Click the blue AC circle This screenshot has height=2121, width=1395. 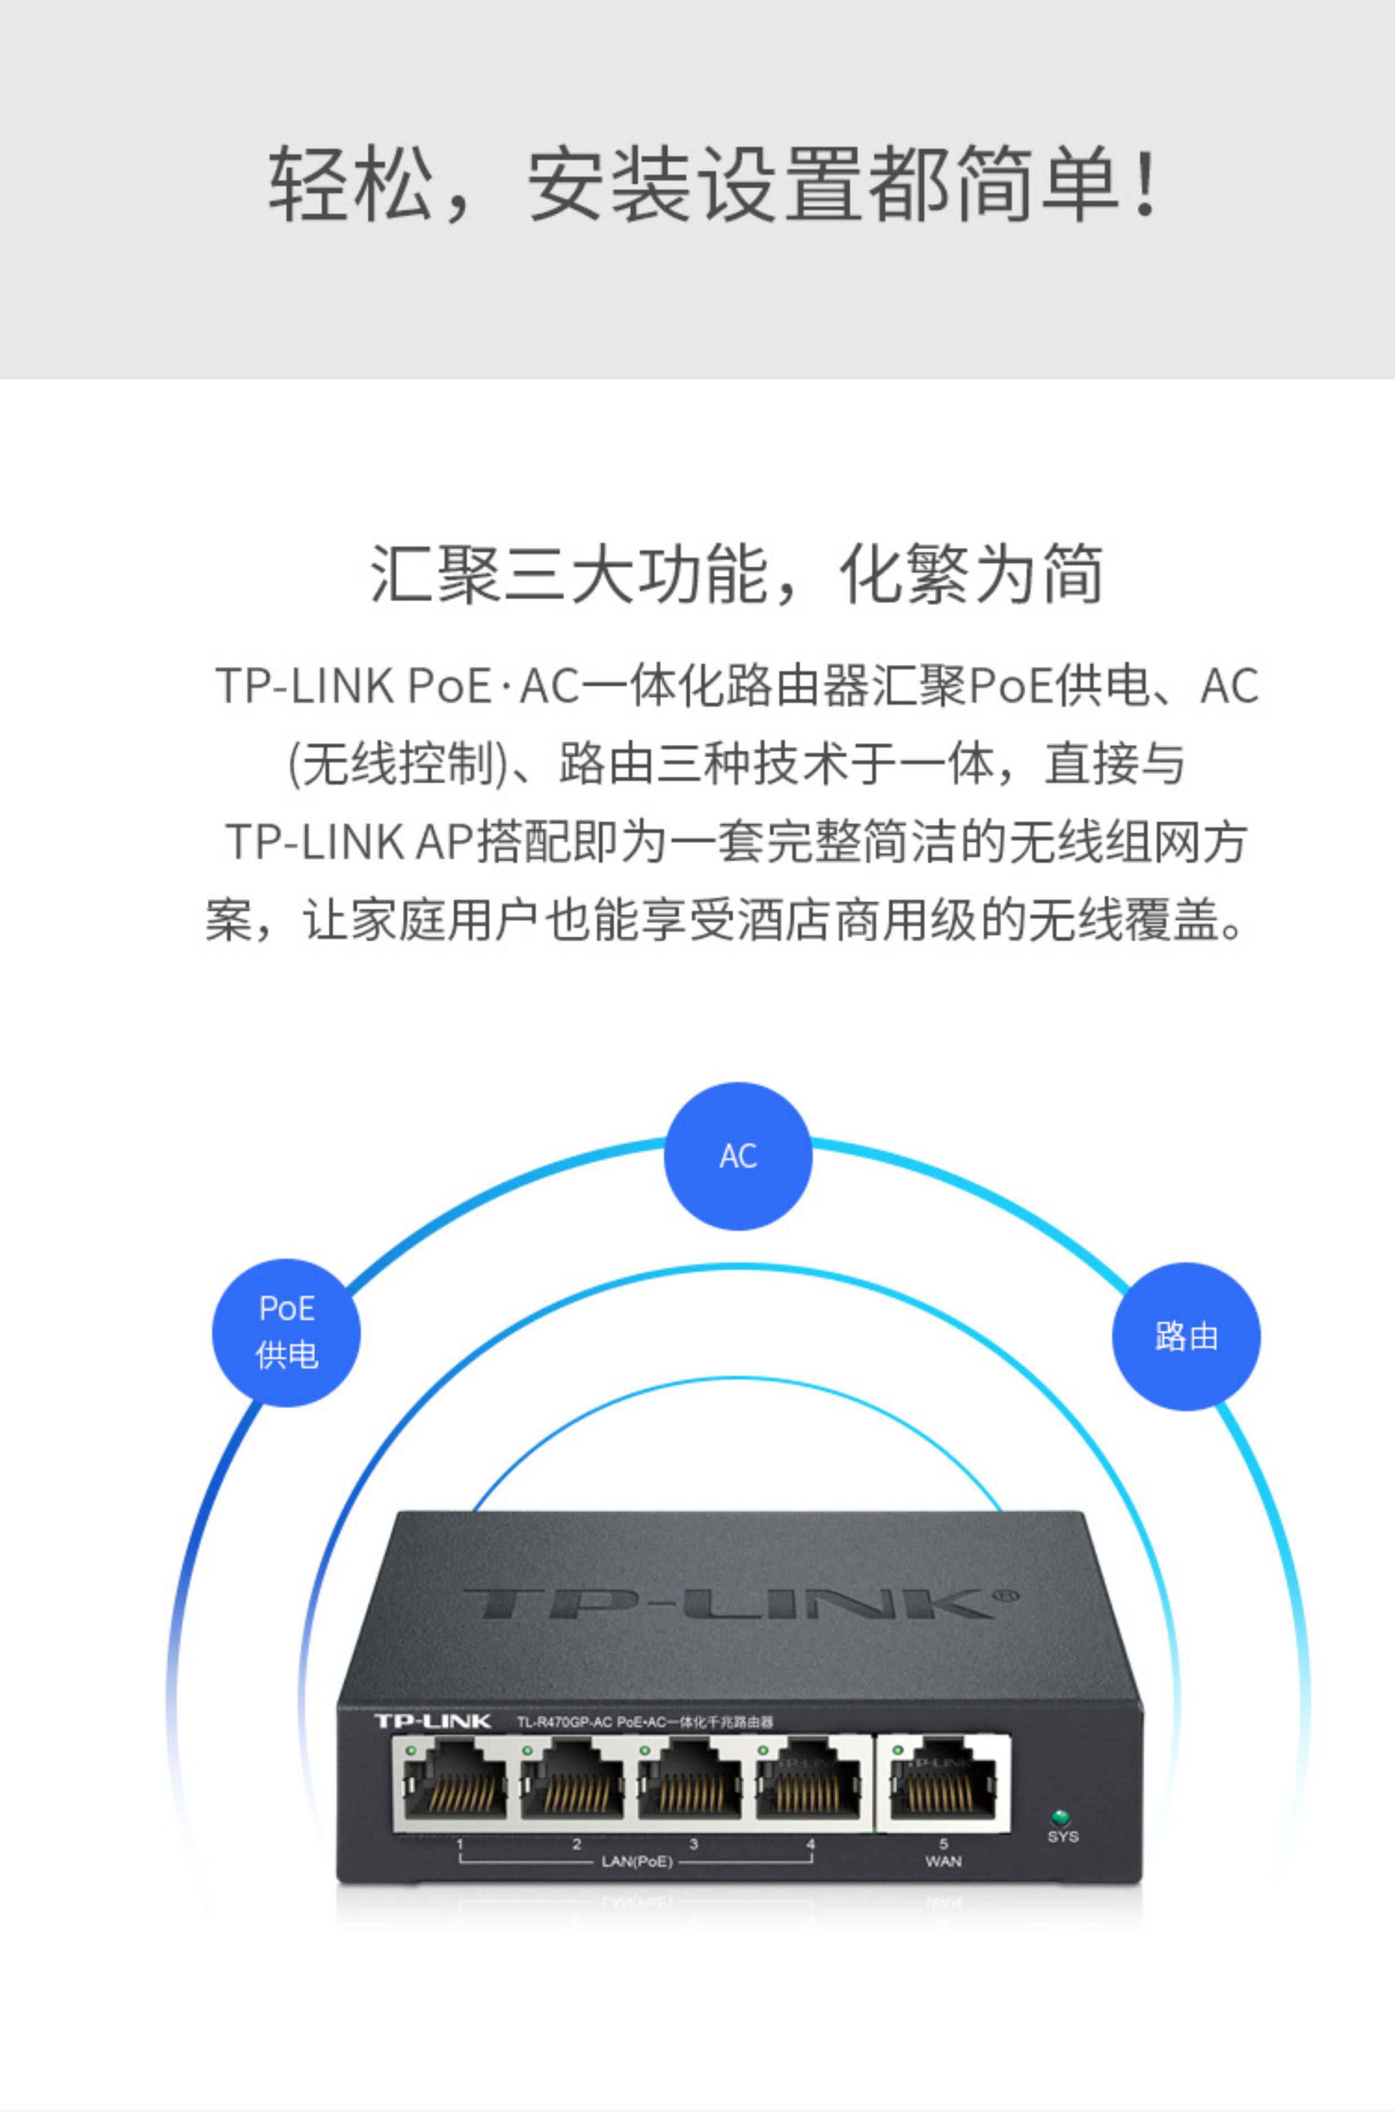pyautogui.click(x=738, y=1156)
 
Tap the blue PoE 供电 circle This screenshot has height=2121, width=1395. pyautogui.click(x=286, y=1332)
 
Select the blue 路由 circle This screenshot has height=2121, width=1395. pyautogui.click(x=1186, y=1336)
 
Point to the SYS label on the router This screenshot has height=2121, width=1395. pyautogui.click(x=1063, y=1836)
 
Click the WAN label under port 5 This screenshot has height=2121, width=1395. pyautogui.click(x=943, y=1862)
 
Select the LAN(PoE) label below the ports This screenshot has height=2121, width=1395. pyautogui.click(x=636, y=1862)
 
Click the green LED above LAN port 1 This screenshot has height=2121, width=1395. pyautogui.click(x=411, y=1751)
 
